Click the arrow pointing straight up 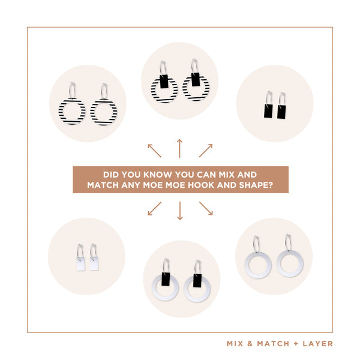tap(180, 148)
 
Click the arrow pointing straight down tap(180, 211)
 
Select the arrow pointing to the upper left tap(155, 151)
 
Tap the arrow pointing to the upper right tap(206, 151)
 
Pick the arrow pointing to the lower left tap(155, 208)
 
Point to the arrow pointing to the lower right tap(206, 208)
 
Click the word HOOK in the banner tap(201, 185)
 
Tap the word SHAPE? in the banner tap(256, 185)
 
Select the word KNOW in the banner tap(157, 175)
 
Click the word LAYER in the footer tap(318, 344)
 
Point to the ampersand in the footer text tap(250, 344)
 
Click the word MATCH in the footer tap(273, 344)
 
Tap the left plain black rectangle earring tap(268, 111)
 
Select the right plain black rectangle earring tap(281, 112)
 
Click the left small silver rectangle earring tap(80, 264)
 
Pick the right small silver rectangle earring tap(94, 263)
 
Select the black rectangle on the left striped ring tap(164, 81)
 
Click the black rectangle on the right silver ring tap(197, 281)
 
